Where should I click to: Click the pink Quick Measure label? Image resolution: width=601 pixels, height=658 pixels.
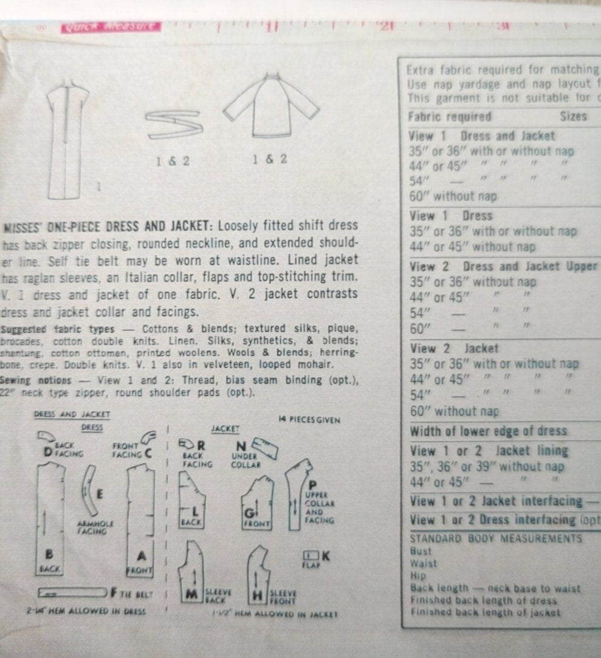111,27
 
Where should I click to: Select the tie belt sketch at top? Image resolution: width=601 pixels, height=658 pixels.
175,125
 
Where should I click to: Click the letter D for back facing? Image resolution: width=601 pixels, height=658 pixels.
47,451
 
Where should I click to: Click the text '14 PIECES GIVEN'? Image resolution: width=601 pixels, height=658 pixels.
318,420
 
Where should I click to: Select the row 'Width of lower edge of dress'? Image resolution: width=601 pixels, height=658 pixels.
489,431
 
